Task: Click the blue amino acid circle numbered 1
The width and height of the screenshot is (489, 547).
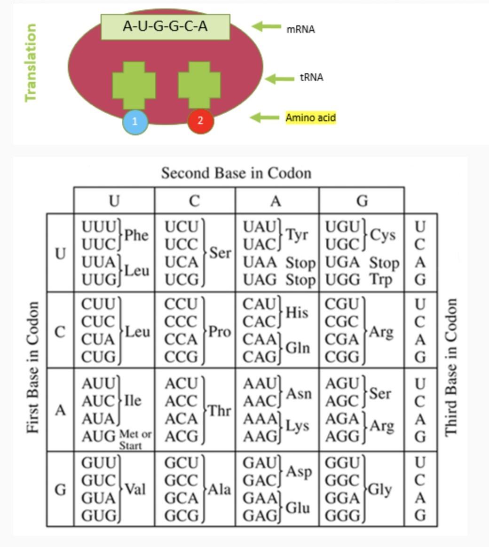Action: coord(135,121)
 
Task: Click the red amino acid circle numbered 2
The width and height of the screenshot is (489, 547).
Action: coord(201,121)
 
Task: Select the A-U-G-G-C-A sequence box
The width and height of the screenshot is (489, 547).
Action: coord(166,27)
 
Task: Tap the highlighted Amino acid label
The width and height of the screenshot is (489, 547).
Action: coord(310,117)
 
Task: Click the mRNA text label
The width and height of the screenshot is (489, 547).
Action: coord(301,29)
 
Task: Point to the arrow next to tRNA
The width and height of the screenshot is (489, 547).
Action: coord(279,78)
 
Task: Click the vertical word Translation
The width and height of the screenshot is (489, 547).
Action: coord(31,63)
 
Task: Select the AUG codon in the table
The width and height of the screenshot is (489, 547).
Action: coord(98,437)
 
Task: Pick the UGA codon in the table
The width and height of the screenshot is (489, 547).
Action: coord(342,263)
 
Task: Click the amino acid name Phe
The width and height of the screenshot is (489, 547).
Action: coord(136,235)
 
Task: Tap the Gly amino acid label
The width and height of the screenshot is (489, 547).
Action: coord(380,490)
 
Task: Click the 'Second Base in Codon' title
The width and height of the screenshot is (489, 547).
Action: coord(236,173)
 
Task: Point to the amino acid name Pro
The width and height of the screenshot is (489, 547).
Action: coord(220,332)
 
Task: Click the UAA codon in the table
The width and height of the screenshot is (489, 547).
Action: coord(260,263)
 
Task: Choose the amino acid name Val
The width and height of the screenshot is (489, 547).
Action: coord(135,490)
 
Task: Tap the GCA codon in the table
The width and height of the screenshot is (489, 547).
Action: coord(181,498)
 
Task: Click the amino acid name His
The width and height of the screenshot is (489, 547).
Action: coord(297,312)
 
